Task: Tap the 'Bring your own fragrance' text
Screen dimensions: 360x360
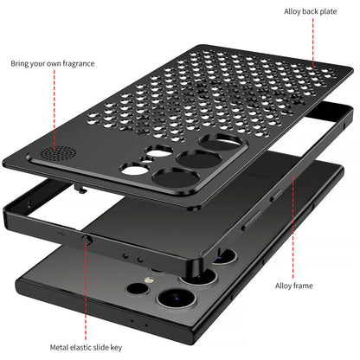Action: [52, 63]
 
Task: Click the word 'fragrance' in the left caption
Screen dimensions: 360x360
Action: [77, 63]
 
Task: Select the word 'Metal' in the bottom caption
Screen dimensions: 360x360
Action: [57, 347]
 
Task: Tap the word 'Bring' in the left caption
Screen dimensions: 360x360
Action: [21, 63]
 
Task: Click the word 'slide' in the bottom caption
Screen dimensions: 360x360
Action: [101, 347]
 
